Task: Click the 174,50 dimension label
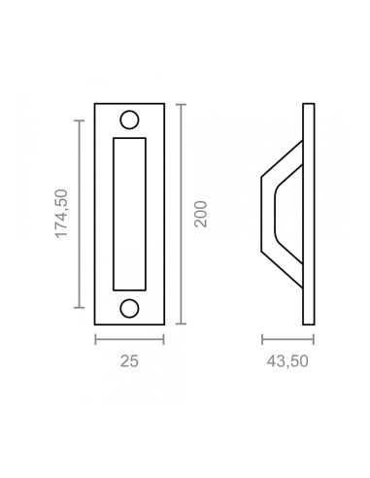pyautogui.click(x=61, y=213)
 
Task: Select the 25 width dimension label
pyautogui.click(x=130, y=361)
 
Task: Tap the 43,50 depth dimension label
pyautogui.click(x=289, y=361)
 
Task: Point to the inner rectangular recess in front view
pyautogui.click(x=130, y=213)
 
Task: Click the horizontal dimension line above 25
pyautogui.click(x=130, y=339)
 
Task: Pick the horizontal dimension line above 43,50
pyautogui.click(x=289, y=339)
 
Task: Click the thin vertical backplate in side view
pyautogui.click(x=311, y=213)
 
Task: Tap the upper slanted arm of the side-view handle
pyautogui.click(x=282, y=158)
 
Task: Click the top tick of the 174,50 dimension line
pyautogui.click(x=78, y=119)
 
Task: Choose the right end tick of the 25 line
pyautogui.click(x=164, y=339)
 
